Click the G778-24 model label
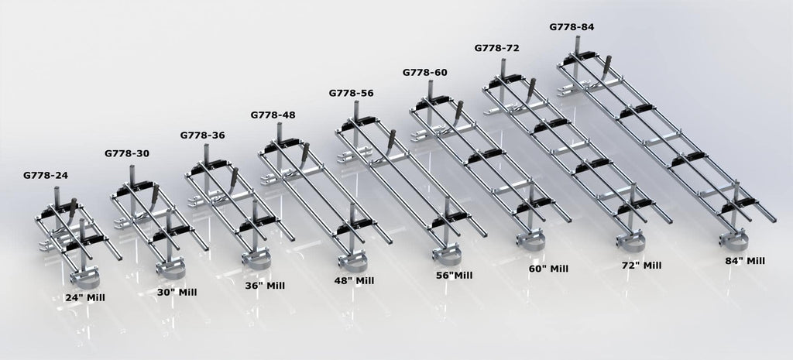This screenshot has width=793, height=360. point(46,176)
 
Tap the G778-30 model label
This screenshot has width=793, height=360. point(127,153)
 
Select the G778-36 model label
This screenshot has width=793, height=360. point(202,135)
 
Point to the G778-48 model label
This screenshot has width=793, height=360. point(273,115)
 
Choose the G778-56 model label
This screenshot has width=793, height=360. point(351,93)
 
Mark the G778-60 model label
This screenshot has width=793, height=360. point(425,72)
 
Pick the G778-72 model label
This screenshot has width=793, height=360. point(496,48)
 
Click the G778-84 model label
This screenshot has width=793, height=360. point(572,27)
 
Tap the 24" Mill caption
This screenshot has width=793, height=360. point(85,298)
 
